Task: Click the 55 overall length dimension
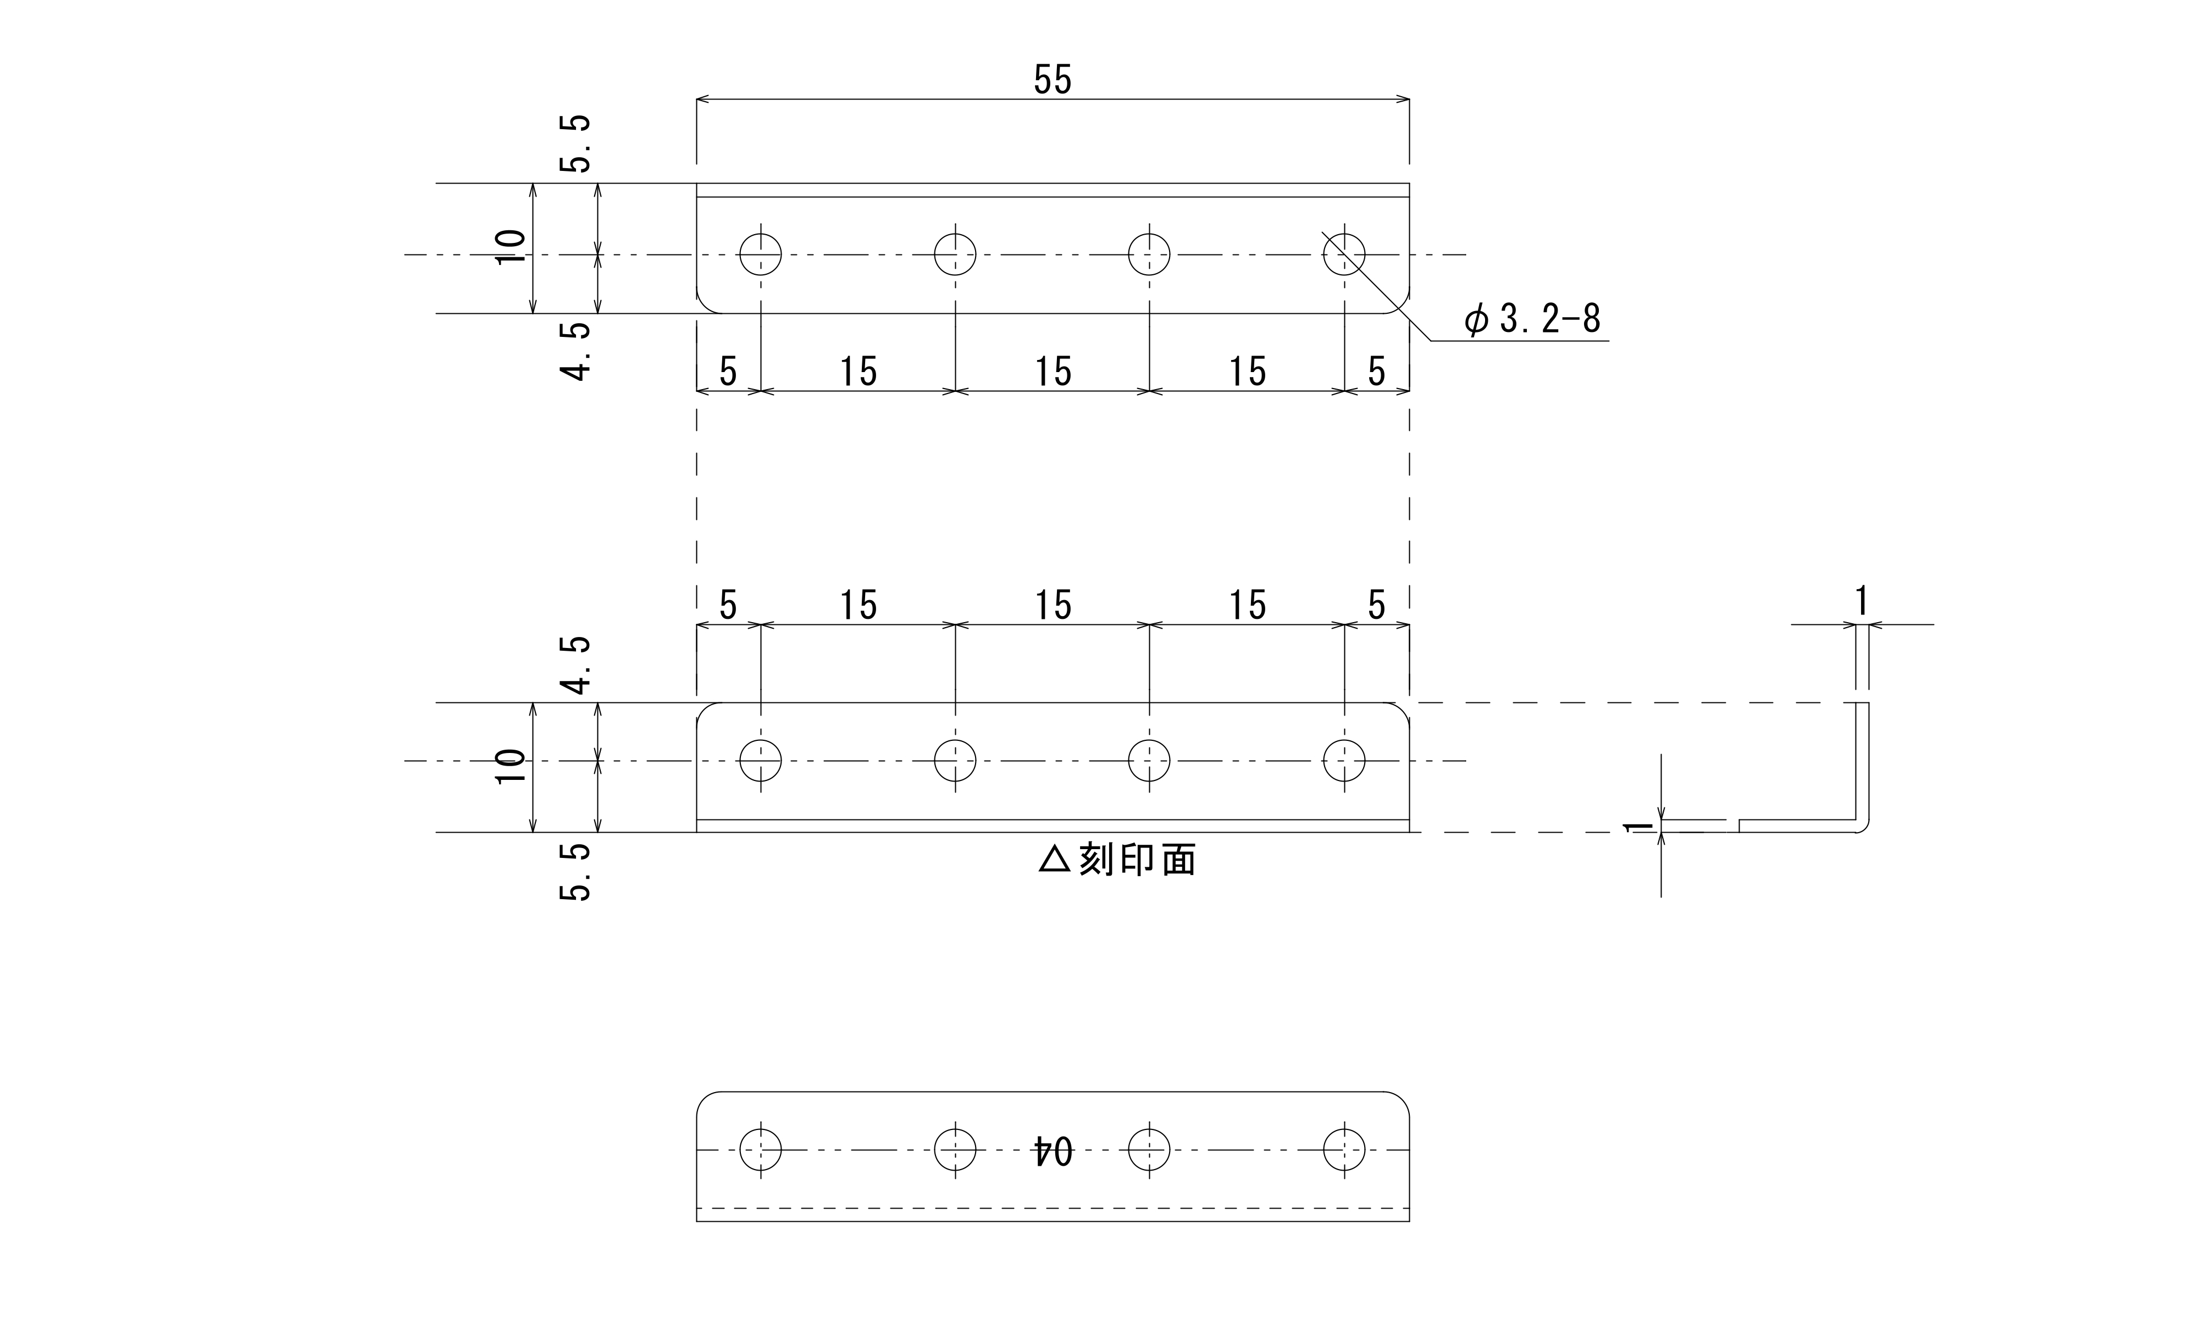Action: coord(1053,80)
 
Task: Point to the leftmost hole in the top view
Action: coord(761,254)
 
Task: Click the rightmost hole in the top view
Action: coord(1344,254)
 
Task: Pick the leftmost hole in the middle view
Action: coord(761,761)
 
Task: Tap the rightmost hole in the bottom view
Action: coord(1344,1150)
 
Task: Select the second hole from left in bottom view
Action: coord(955,1150)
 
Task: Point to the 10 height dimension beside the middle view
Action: coord(511,766)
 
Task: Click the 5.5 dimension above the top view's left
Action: coord(575,143)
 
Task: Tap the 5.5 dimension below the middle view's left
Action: coord(575,872)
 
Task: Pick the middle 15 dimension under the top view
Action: coord(1053,371)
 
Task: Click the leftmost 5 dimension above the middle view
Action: coord(728,605)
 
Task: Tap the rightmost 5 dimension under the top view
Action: coord(1377,371)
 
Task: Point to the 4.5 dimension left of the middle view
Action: coord(575,664)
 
